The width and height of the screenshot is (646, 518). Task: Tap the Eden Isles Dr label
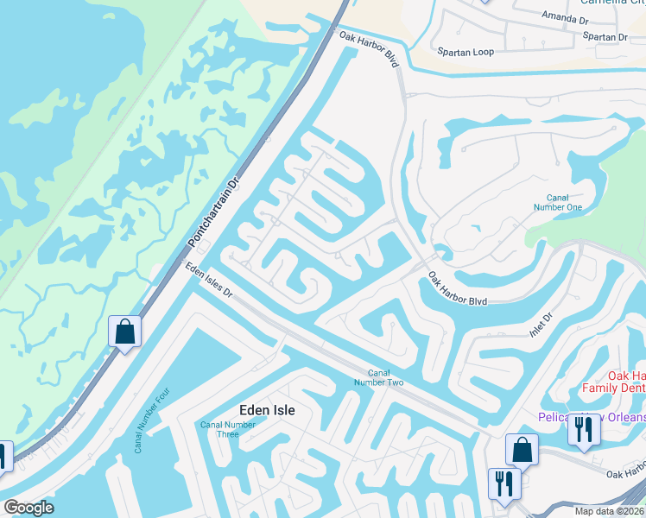208,281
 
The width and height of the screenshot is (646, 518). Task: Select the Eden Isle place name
266,411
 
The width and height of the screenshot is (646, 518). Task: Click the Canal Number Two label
379,377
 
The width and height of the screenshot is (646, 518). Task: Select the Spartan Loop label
465,53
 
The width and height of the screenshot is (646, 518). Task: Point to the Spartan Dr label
605,37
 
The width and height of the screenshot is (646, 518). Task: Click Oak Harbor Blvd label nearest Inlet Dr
458,289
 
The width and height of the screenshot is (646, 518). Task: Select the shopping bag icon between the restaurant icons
522,450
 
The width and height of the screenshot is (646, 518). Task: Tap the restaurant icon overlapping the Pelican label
584,430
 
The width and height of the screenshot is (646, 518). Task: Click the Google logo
28,507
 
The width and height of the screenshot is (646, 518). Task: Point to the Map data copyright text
607,511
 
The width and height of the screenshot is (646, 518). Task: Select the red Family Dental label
616,382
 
